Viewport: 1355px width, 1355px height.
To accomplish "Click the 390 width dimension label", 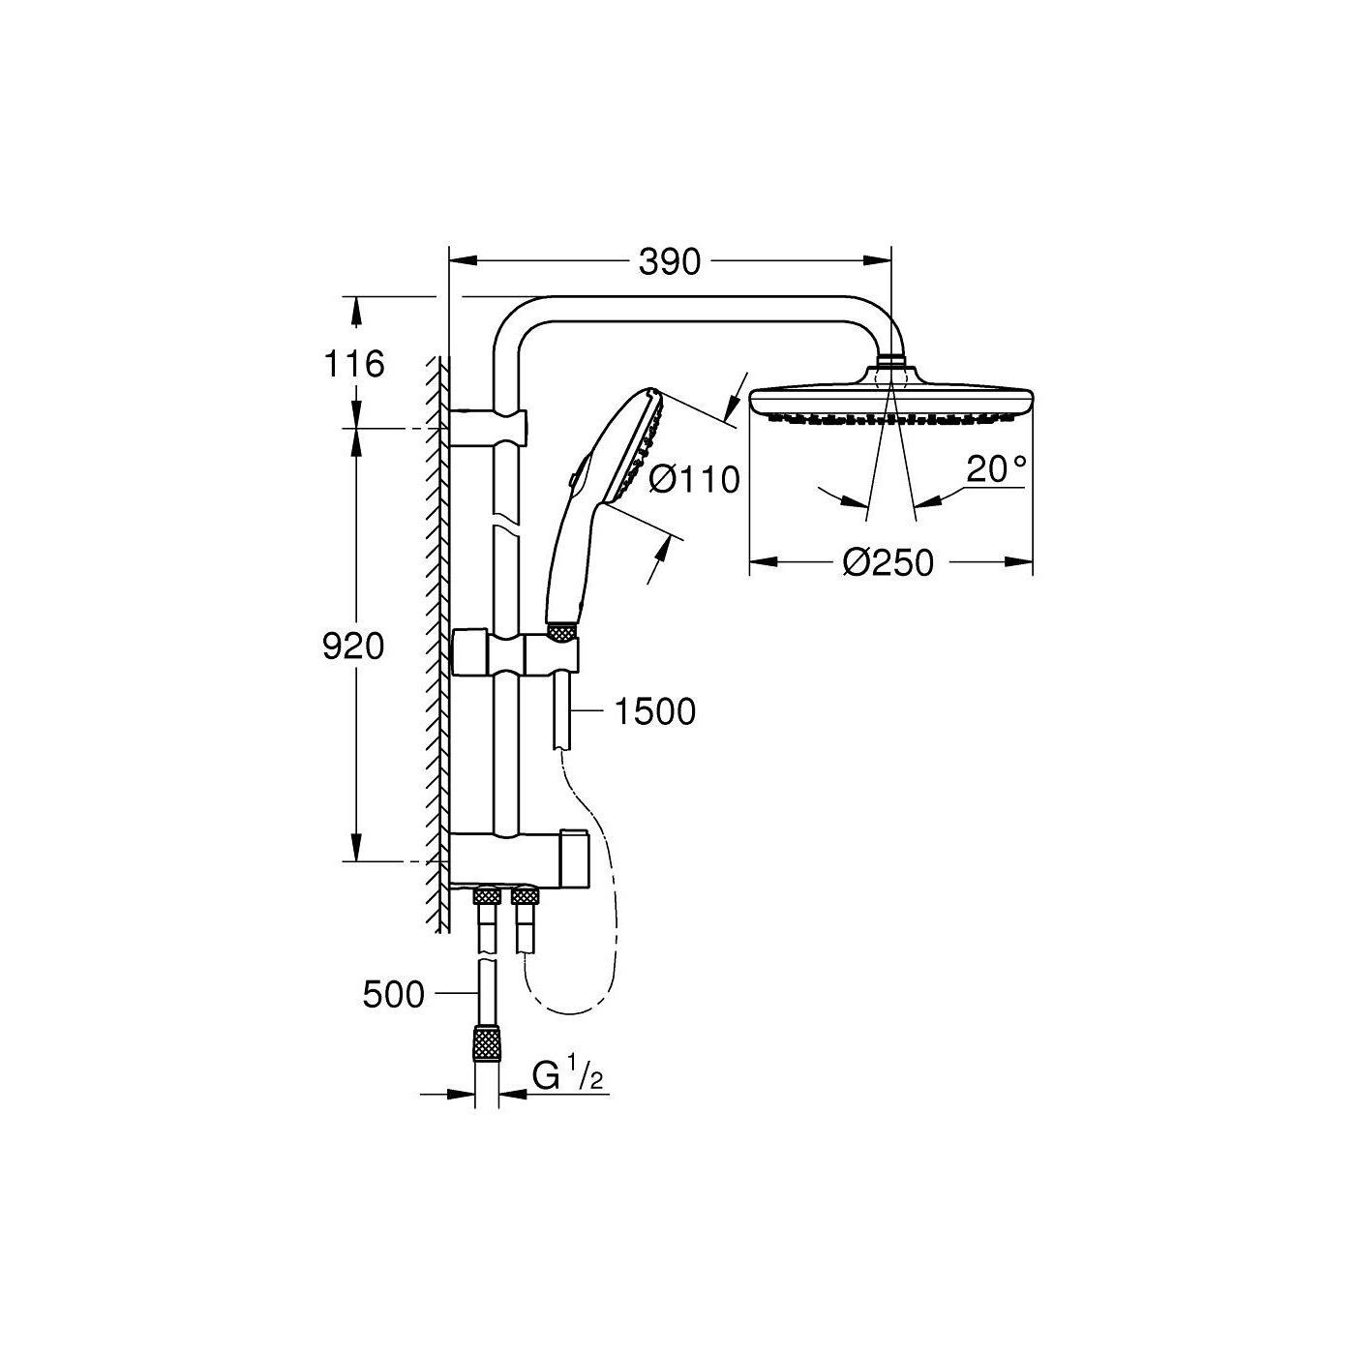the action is tap(670, 262).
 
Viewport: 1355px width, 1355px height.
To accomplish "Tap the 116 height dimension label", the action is tap(354, 364).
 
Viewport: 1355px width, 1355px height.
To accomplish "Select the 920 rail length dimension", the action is tap(353, 647).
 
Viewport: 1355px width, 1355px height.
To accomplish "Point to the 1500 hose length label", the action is tap(655, 711).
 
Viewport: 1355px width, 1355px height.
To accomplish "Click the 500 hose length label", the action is tap(394, 994).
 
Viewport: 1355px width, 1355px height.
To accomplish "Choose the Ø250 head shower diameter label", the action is tap(888, 562).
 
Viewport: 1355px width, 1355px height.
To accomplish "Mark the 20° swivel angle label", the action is tap(996, 469).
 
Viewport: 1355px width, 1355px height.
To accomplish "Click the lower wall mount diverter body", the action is tap(518, 858).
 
